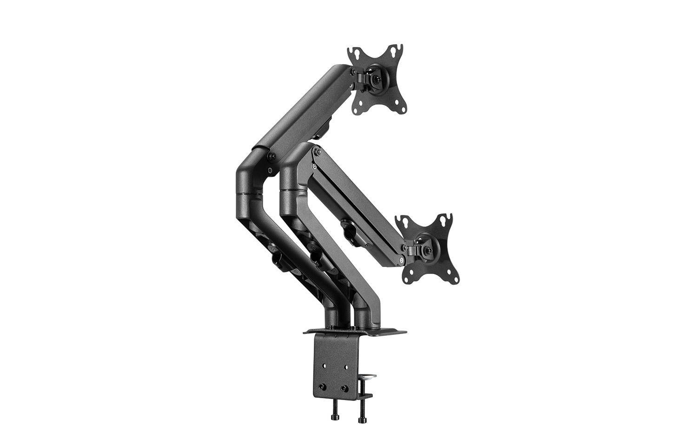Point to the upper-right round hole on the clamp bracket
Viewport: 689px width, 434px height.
pyautogui.click(x=347, y=367)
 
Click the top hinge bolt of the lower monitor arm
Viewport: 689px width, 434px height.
pyautogui.click(x=317, y=151)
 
